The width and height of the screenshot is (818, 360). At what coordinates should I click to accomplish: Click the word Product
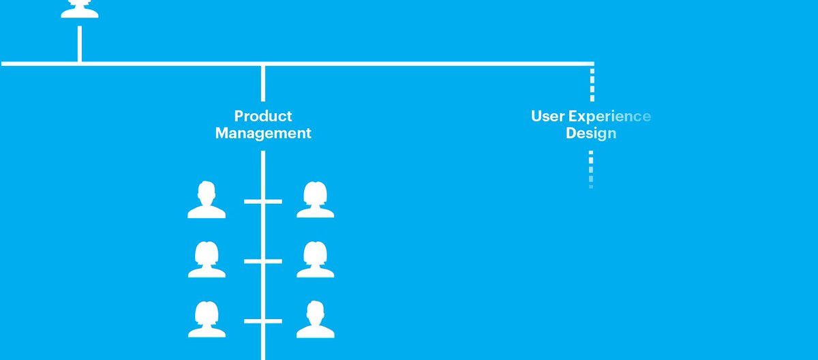click(x=263, y=116)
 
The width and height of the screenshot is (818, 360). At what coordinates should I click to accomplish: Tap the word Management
click(x=263, y=134)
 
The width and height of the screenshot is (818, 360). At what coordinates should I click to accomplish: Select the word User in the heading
click(x=548, y=116)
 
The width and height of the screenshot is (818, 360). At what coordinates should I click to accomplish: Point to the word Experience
click(x=609, y=116)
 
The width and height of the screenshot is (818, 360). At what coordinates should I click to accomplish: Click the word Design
click(x=590, y=134)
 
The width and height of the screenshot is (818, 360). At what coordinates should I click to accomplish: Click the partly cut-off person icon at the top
click(x=79, y=8)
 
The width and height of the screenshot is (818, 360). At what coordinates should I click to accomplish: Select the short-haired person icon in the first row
click(x=207, y=200)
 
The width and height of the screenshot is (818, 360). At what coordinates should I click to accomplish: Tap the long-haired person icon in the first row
click(x=315, y=200)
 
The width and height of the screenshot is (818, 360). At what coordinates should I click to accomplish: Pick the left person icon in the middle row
click(x=207, y=260)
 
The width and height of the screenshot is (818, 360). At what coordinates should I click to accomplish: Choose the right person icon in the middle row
click(x=315, y=260)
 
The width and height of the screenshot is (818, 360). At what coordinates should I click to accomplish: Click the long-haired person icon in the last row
click(x=207, y=319)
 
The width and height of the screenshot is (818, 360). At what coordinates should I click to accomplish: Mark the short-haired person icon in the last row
click(x=315, y=319)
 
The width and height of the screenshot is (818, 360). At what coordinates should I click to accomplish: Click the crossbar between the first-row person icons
click(x=263, y=201)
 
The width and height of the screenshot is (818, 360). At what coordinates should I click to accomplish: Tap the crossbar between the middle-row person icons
click(x=263, y=260)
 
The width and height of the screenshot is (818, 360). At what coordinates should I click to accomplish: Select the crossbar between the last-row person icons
click(x=263, y=320)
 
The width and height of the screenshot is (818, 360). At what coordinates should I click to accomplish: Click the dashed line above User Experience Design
click(x=592, y=83)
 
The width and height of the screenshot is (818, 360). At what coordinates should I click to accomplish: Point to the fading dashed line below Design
click(x=590, y=168)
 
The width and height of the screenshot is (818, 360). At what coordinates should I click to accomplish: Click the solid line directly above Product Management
click(x=263, y=83)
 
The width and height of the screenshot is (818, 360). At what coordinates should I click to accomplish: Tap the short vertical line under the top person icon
click(x=80, y=44)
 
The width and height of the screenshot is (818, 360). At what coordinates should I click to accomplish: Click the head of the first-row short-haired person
click(x=206, y=192)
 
